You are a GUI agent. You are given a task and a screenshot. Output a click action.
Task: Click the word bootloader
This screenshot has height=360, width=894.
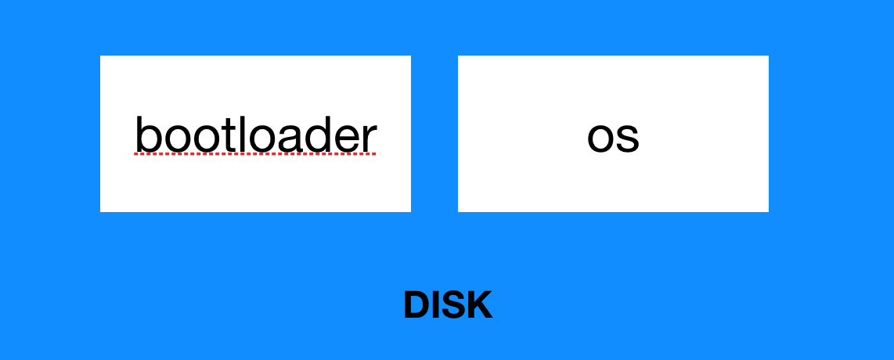pos(255,135)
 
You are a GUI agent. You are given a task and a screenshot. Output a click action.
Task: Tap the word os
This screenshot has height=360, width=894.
pos(613,136)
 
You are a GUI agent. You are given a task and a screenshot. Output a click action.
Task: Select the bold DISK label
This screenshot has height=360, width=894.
pos(448,305)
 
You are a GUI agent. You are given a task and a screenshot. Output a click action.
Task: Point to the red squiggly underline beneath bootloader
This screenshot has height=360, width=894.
pos(255,154)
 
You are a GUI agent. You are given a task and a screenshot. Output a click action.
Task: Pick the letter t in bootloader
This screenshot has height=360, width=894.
pos(216,135)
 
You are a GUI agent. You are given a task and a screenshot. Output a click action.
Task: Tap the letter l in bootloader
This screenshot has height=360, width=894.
pos(229,134)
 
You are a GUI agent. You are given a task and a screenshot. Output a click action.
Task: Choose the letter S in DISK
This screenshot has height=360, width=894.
pos(453,305)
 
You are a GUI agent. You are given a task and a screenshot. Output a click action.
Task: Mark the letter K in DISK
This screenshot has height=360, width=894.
pos(479,305)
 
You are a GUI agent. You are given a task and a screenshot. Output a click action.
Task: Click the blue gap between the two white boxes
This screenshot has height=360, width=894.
pos(434,133)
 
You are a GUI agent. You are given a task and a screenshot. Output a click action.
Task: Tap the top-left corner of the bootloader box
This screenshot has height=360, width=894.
pos(101,56)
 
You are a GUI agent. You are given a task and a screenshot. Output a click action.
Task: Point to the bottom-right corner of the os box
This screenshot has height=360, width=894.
pos(767,211)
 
